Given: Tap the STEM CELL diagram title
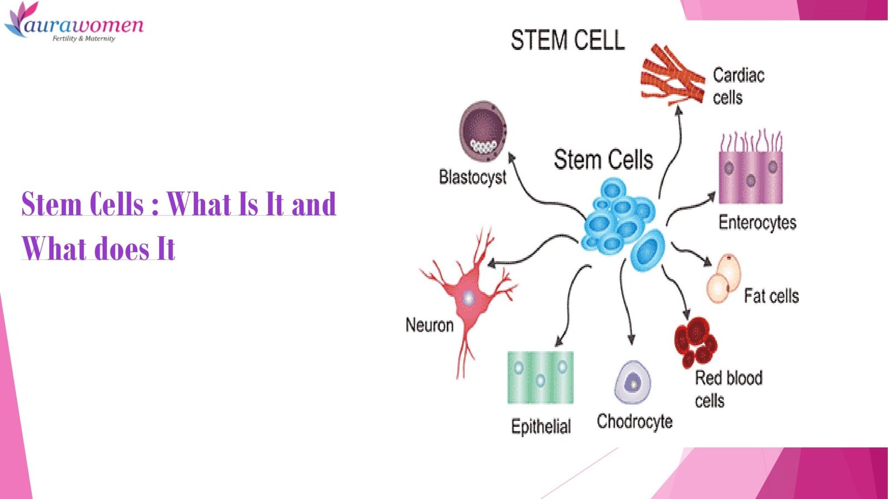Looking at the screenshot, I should (x=567, y=40).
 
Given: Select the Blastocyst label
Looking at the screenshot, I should (x=472, y=177).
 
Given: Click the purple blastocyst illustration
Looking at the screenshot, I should (x=483, y=131).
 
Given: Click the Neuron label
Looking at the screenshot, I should (x=429, y=325).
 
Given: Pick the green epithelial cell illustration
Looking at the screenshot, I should (x=540, y=378).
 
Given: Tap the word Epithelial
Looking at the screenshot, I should (x=541, y=426).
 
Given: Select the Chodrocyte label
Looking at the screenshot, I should (x=634, y=422).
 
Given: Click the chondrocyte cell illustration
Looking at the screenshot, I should (x=632, y=383).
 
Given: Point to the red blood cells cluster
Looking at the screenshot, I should (x=695, y=341).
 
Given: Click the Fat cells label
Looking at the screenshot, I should (x=771, y=296).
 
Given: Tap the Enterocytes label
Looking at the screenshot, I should (x=757, y=222).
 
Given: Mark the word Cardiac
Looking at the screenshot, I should (x=738, y=75).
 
